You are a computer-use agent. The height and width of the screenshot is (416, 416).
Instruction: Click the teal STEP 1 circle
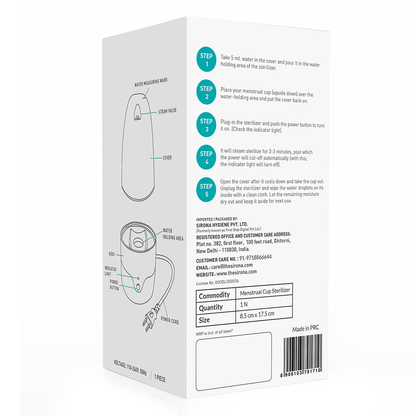(x=206, y=60)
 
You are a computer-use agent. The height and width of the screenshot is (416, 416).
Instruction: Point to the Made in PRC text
(x=306, y=329)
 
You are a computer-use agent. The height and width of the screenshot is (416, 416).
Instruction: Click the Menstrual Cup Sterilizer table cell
(x=265, y=291)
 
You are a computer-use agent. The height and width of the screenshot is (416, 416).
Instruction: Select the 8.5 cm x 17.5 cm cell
(x=257, y=315)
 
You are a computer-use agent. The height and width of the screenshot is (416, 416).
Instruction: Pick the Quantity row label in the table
(x=211, y=307)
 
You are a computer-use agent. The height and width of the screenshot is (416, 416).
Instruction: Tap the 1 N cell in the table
(x=245, y=303)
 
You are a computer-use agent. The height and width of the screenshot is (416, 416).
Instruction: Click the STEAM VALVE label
(x=168, y=112)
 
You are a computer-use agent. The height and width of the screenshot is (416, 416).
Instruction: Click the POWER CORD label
(x=170, y=321)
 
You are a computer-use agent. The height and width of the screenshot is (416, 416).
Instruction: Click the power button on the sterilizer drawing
(x=138, y=286)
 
